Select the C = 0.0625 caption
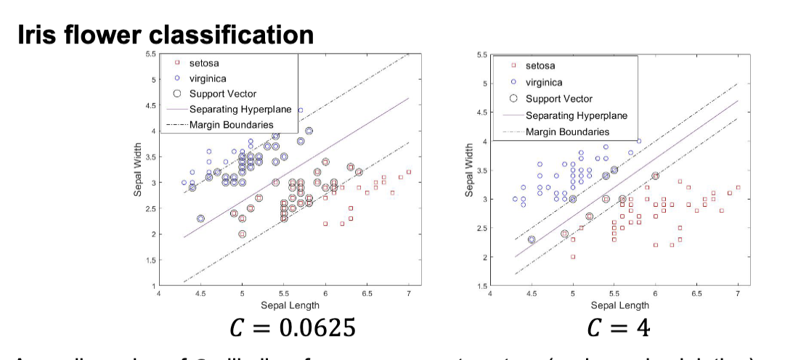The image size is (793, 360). pyautogui.click(x=293, y=328)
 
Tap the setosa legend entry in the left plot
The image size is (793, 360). pyautogui.click(x=203, y=64)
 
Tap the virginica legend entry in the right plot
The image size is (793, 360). pyautogui.click(x=543, y=82)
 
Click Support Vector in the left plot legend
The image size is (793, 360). pyautogui.click(x=222, y=94)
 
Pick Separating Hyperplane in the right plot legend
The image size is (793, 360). pyautogui.click(x=576, y=115)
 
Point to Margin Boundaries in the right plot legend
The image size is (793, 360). pyautogui.click(x=567, y=131)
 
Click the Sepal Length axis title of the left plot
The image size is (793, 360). pyautogui.click(x=284, y=306)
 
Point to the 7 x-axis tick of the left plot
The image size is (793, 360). pyautogui.click(x=409, y=294)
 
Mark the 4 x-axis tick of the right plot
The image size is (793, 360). pyautogui.click(x=490, y=294)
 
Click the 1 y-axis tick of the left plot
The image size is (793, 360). pyautogui.click(x=150, y=286)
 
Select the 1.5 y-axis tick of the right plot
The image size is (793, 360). pyautogui.click(x=482, y=286)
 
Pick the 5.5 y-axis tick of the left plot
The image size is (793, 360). pyautogui.click(x=149, y=54)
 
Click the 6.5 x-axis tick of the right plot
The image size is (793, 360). pyautogui.click(x=696, y=294)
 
